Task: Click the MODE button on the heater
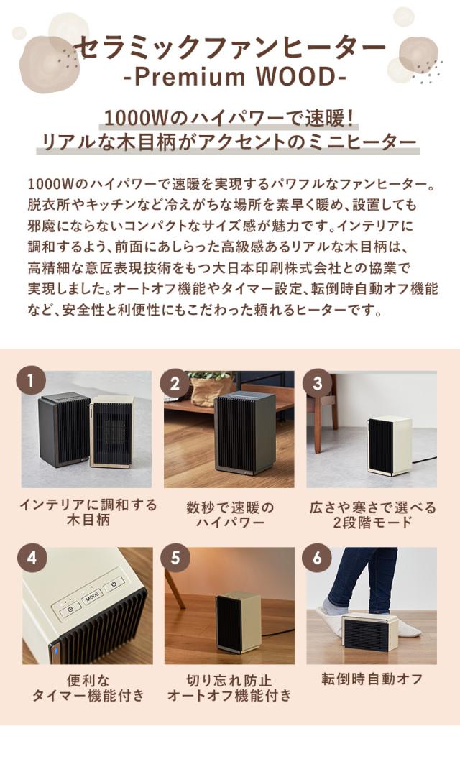click(91, 597)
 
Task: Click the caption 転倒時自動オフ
click(371, 679)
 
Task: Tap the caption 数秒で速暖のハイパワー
click(229, 515)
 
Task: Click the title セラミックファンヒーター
click(229, 47)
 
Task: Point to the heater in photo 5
click(238, 620)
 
